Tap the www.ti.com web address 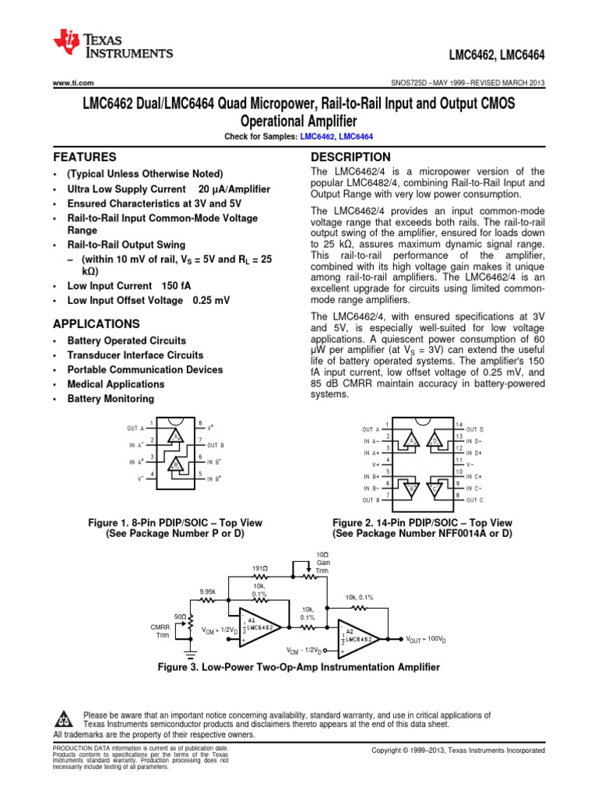coord(73,83)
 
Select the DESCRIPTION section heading coord(350,157)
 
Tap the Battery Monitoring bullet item coord(111,399)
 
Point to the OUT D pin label coord(474,429)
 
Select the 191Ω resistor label coord(260,569)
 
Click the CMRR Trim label coord(160,630)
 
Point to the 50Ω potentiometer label coord(180,616)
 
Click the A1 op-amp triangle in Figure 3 coord(257,627)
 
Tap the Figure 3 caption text coord(299,667)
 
